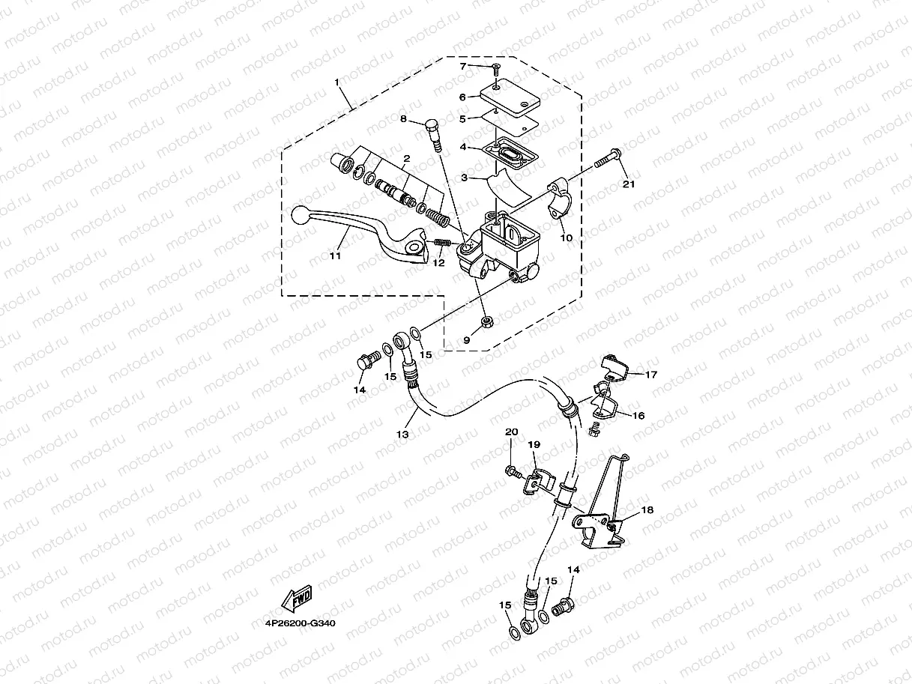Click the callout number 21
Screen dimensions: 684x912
tap(628, 184)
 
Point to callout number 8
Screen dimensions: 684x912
tap(403, 119)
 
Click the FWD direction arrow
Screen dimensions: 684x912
tap(296, 599)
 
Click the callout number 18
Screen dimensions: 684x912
tap(647, 509)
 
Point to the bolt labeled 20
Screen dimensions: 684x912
tap(512, 470)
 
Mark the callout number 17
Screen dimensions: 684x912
tap(650, 375)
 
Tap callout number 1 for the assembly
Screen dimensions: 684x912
tap(337, 81)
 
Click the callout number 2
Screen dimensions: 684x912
tap(405, 159)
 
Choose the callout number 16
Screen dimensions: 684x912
tap(638, 415)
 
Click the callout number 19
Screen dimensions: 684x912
tap(534, 444)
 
